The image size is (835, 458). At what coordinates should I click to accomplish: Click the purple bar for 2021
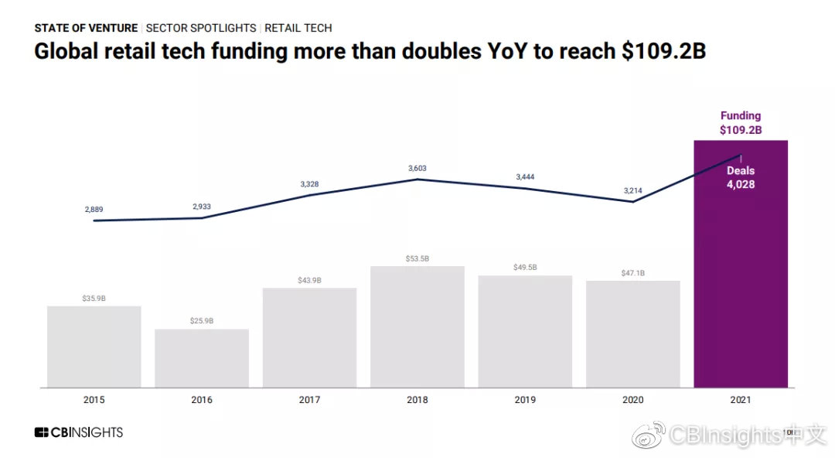(741, 294)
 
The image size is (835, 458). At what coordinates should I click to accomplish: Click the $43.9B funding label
(309, 280)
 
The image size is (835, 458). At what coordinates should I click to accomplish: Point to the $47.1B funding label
(632, 273)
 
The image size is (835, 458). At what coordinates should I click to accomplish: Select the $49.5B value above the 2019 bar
(525, 268)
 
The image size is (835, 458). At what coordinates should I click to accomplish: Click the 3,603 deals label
(417, 168)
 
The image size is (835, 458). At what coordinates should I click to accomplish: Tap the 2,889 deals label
(94, 210)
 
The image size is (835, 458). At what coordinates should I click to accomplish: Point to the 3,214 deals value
(632, 190)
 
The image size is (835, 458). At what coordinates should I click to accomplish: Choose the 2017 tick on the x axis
(309, 401)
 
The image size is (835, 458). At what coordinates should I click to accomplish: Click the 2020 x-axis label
(632, 401)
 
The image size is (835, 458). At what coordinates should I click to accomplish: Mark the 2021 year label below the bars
(741, 401)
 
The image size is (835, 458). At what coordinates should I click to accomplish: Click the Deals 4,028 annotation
(740, 177)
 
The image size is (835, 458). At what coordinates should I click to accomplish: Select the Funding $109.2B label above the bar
(741, 123)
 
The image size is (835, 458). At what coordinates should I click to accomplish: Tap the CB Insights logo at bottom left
(78, 432)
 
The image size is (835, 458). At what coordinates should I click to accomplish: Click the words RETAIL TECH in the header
(298, 28)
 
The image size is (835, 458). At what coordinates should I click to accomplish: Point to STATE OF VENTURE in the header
(86, 28)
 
